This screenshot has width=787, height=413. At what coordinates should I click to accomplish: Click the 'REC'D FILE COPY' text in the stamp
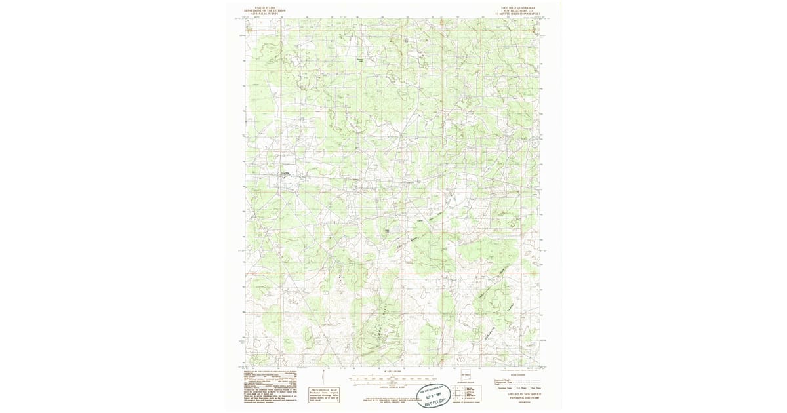(x=434, y=399)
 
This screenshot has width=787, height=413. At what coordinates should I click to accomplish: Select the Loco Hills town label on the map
(x=285, y=173)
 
